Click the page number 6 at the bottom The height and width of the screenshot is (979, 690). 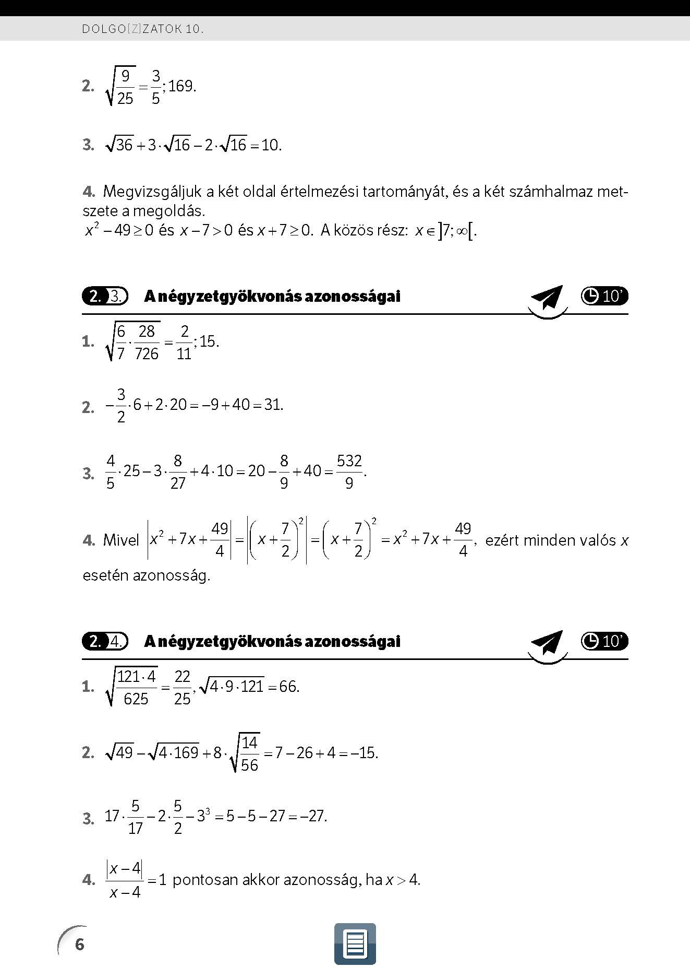coord(79,944)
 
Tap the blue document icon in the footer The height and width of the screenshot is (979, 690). coord(355,944)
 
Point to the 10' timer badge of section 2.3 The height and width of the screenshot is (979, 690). coord(604,296)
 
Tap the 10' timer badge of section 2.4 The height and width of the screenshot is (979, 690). coord(604,641)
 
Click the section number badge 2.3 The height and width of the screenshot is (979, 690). coord(105,297)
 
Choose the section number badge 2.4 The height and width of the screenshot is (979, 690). coord(105,641)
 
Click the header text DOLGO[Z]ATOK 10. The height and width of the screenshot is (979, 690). coord(142,29)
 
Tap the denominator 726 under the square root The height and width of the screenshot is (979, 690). coord(147,354)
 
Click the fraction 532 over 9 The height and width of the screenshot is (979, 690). coord(349,471)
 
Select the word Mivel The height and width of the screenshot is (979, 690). coord(121,540)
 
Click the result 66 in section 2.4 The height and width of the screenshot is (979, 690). coord(288,687)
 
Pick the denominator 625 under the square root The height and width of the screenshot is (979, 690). coord(136,699)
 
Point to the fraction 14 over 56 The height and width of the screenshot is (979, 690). coord(249,753)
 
